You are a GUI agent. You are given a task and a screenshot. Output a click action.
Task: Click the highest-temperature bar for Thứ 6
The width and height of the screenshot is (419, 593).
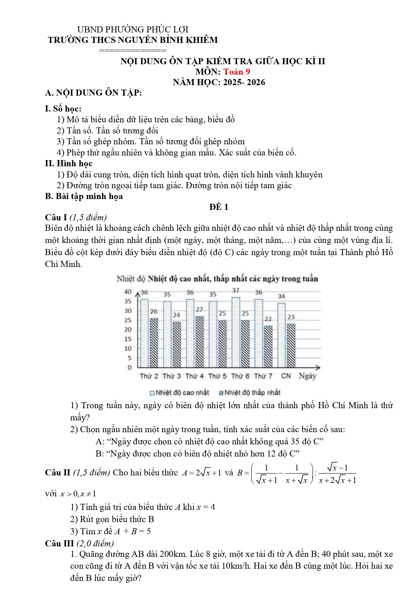[x=236, y=332]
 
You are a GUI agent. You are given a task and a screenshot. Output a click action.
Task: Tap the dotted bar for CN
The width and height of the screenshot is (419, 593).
[x=281, y=335]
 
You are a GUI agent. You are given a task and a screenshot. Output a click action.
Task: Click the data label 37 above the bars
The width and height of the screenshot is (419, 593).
[x=236, y=290]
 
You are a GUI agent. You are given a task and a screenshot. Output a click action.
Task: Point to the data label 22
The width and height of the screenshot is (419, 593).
[x=268, y=319]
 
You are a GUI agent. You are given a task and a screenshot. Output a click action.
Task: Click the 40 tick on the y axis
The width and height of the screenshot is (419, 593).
[x=128, y=292]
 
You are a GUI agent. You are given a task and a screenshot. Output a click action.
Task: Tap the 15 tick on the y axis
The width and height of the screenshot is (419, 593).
[x=128, y=339]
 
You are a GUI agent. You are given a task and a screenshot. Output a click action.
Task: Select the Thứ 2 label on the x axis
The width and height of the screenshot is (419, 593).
[x=149, y=376]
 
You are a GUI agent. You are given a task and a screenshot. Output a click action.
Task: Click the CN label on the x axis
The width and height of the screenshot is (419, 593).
[x=286, y=376]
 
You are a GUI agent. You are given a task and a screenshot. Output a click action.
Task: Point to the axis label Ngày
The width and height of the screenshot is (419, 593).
[x=307, y=376]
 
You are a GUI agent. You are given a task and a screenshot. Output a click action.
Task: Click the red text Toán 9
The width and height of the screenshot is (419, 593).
[x=237, y=72]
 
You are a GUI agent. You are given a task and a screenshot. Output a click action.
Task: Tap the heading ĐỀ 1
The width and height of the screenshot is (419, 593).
[x=219, y=207]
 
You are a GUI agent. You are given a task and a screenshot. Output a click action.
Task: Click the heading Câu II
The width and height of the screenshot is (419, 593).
[x=58, y=472]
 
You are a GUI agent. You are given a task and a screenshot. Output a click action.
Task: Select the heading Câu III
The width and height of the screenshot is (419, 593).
[x=59, y=543]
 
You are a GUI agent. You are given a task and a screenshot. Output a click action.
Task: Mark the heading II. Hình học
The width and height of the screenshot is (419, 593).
[x=69, y=164]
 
